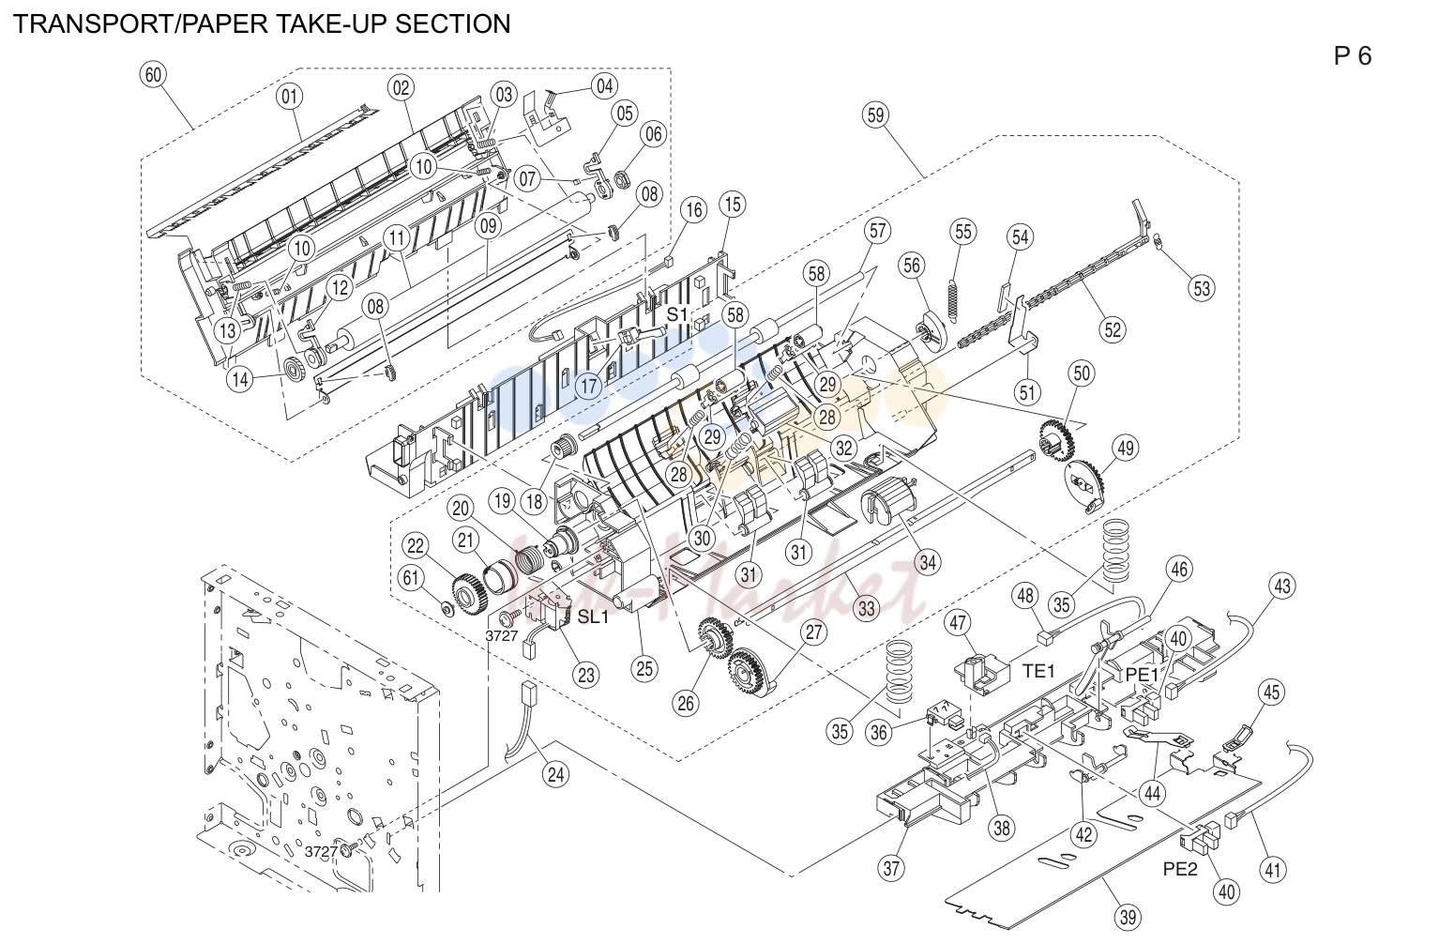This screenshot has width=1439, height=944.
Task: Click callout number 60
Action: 153,75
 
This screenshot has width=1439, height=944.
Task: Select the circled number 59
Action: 875,115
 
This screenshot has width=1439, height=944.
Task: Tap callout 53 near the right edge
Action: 1202,288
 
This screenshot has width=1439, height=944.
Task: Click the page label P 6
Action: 1353,56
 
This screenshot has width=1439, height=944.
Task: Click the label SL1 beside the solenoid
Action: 593,617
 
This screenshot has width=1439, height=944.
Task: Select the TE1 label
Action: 1038,671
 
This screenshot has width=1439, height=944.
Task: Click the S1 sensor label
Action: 677,314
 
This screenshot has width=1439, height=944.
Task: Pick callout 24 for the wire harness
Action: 555,775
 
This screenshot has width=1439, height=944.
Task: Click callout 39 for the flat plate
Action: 1128,917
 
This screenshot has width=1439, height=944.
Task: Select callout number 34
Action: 929,562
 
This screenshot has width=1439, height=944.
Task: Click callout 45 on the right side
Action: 1272,693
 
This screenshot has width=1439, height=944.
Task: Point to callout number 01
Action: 290,97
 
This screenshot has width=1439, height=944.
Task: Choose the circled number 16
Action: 694,209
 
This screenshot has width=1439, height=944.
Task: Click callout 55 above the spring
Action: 963,232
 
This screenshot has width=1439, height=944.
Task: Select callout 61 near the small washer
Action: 411,577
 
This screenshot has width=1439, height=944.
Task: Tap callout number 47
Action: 958,623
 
